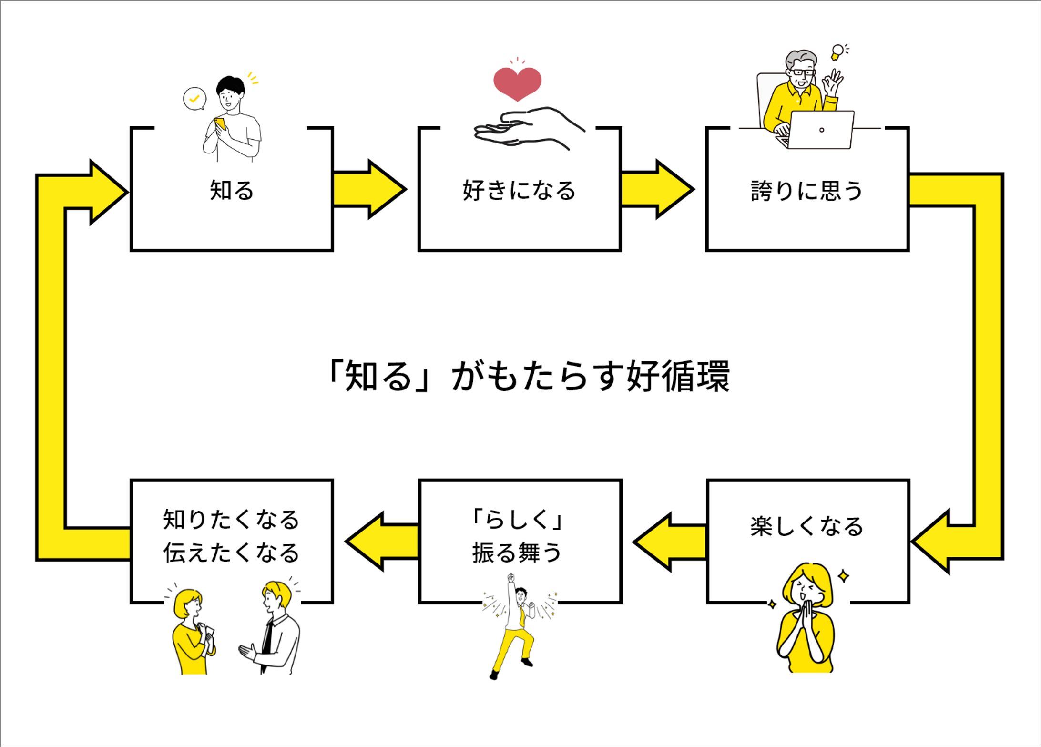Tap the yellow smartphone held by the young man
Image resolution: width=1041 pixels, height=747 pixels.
coord(220,124)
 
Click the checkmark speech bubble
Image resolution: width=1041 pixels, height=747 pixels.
coord(194,99)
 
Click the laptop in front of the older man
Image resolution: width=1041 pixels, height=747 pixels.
coord(821,130)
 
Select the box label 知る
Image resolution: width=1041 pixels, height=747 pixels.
coord(232,190)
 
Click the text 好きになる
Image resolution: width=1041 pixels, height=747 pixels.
coord(519,190)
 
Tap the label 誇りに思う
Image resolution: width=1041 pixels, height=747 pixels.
coord(807,190)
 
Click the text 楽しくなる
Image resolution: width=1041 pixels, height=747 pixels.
coord(807,526)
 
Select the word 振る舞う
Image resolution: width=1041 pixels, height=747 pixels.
coord(517,553)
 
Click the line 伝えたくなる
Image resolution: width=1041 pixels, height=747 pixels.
coord(231,553)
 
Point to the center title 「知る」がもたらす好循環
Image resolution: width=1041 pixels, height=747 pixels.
coord(527,376)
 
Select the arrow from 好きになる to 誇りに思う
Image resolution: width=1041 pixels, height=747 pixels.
coord(656,189)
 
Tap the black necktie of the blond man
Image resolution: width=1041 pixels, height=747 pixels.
coord(267,641)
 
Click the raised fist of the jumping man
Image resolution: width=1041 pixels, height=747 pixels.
coord(511,578)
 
